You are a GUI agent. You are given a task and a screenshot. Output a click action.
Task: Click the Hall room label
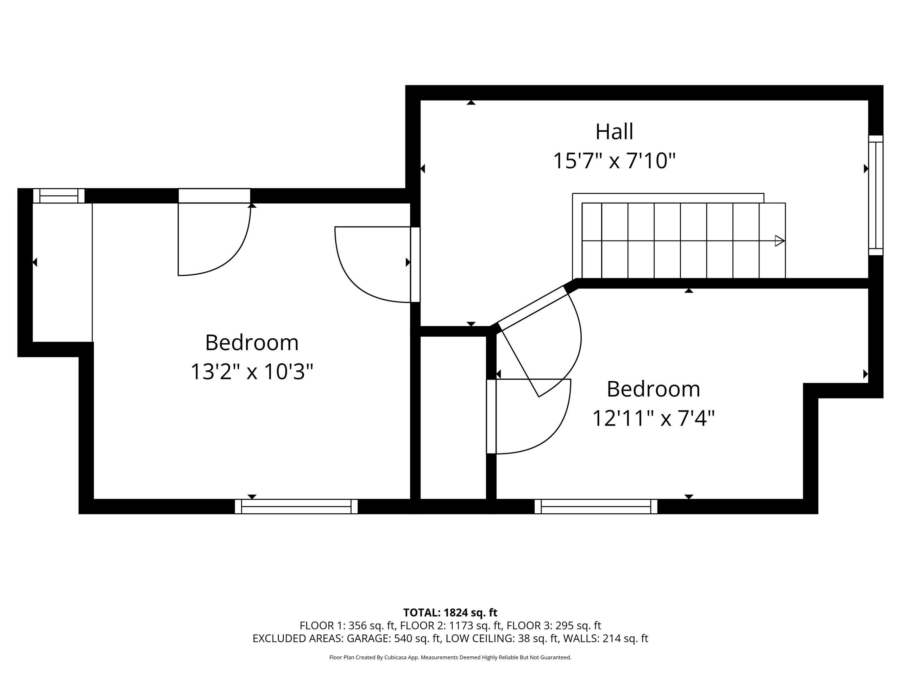[614, 132]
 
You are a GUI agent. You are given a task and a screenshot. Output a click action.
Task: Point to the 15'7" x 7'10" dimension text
[614, 161]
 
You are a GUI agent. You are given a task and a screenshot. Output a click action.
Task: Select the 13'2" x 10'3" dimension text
[252, 371]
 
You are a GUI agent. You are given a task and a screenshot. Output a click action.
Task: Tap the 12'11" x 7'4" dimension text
[653, 418]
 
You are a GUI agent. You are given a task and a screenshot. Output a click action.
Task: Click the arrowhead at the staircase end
[780, 241]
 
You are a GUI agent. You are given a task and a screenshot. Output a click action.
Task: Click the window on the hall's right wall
[876, 195]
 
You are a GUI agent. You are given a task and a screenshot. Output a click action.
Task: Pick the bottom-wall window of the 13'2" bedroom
[296, 507]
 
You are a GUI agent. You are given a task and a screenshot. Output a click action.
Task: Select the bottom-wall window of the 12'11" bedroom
[596, 507]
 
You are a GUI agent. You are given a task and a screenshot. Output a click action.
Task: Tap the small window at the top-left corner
[59, 196]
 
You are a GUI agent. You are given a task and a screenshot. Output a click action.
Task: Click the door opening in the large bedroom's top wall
[214, 196]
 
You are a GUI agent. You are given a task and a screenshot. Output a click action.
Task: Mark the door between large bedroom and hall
[415, 264]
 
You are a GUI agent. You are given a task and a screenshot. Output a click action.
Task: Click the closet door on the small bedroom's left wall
[491, 417]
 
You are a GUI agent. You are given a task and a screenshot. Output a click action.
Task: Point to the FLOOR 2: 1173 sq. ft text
[451, 625]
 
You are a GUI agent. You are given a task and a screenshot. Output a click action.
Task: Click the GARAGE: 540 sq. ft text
[394, 639]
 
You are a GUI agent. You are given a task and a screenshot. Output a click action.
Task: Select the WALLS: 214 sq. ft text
[605, 639]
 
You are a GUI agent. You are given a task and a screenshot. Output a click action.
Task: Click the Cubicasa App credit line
[450, 657]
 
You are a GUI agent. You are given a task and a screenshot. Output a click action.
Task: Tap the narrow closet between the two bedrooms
[453, 418]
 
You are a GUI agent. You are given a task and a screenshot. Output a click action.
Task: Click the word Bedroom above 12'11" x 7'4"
[653, 389]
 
